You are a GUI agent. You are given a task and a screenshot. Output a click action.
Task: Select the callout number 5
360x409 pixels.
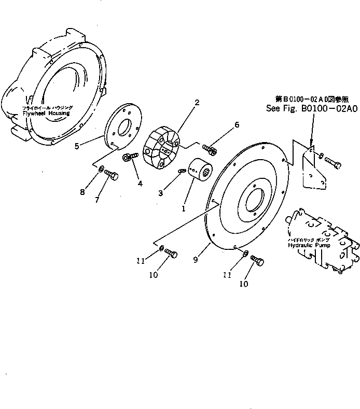pos(76,146)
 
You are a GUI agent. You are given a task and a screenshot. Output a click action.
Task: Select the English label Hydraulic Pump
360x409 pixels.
pos(309,246)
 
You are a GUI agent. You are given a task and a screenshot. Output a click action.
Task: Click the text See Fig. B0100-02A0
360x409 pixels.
pos(311,109)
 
